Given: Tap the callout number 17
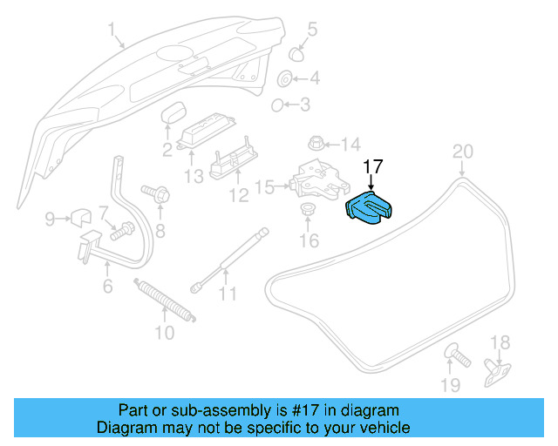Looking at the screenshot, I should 373,166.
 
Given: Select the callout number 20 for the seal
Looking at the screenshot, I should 462,152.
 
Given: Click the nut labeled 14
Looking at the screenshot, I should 317,142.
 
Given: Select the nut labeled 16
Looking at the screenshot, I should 307,209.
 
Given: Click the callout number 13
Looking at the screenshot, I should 193,175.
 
